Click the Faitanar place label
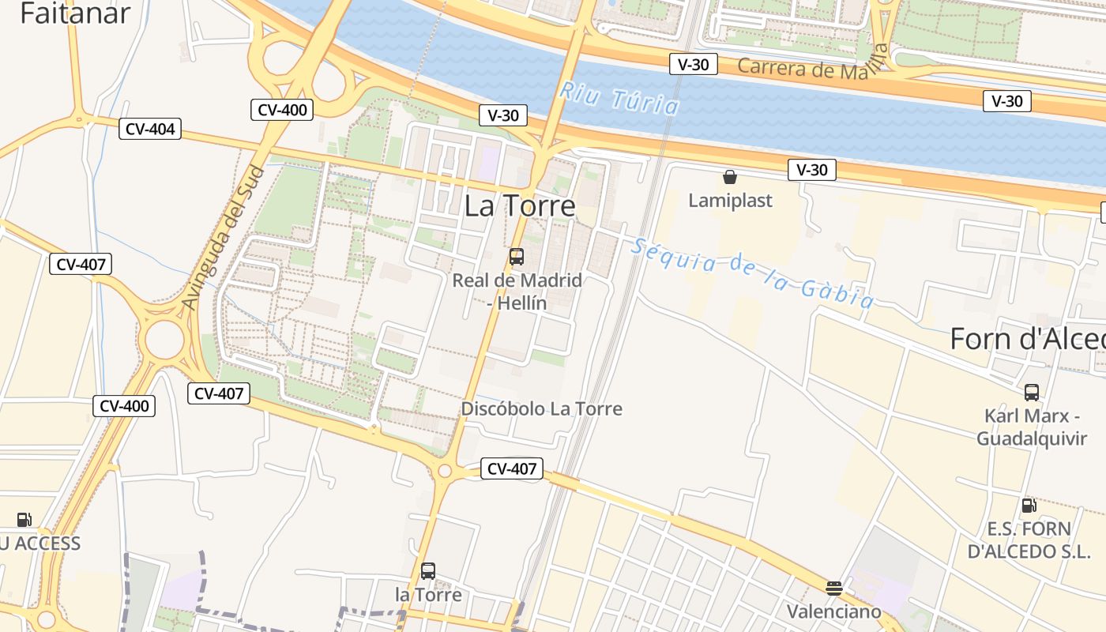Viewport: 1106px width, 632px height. [x=75, y=13]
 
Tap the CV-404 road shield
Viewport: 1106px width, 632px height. [x=150, y=129]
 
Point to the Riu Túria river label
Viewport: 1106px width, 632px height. [x=619, y=98]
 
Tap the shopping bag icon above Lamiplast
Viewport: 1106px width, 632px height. [x=730, y=177]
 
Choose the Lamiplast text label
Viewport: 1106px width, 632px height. [x=730, y=201]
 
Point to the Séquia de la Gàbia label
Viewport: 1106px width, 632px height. [x=752, y=273]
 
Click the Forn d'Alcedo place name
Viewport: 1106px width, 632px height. [x=1027, y=339]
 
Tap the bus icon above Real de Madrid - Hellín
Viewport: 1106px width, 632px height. [x=517, y=257]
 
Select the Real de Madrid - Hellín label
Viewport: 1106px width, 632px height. [x=517, y=292]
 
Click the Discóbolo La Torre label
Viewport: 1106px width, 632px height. [x=542, y=409]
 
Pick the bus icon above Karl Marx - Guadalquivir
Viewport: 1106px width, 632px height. [x=1032, y=393]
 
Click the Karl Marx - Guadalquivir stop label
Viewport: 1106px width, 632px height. [x=1032, y=427]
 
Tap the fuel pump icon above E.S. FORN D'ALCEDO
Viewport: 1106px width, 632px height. [x=1029, y=506]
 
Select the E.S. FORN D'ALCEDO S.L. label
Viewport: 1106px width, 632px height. [x=1029, y=540]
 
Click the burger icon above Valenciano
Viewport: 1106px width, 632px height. [x=834, y=588]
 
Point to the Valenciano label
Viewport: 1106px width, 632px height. [x=833, y=611]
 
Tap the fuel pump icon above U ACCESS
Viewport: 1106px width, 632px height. [x=24, y=520]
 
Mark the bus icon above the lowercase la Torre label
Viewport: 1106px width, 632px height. [x=428, y=570]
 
